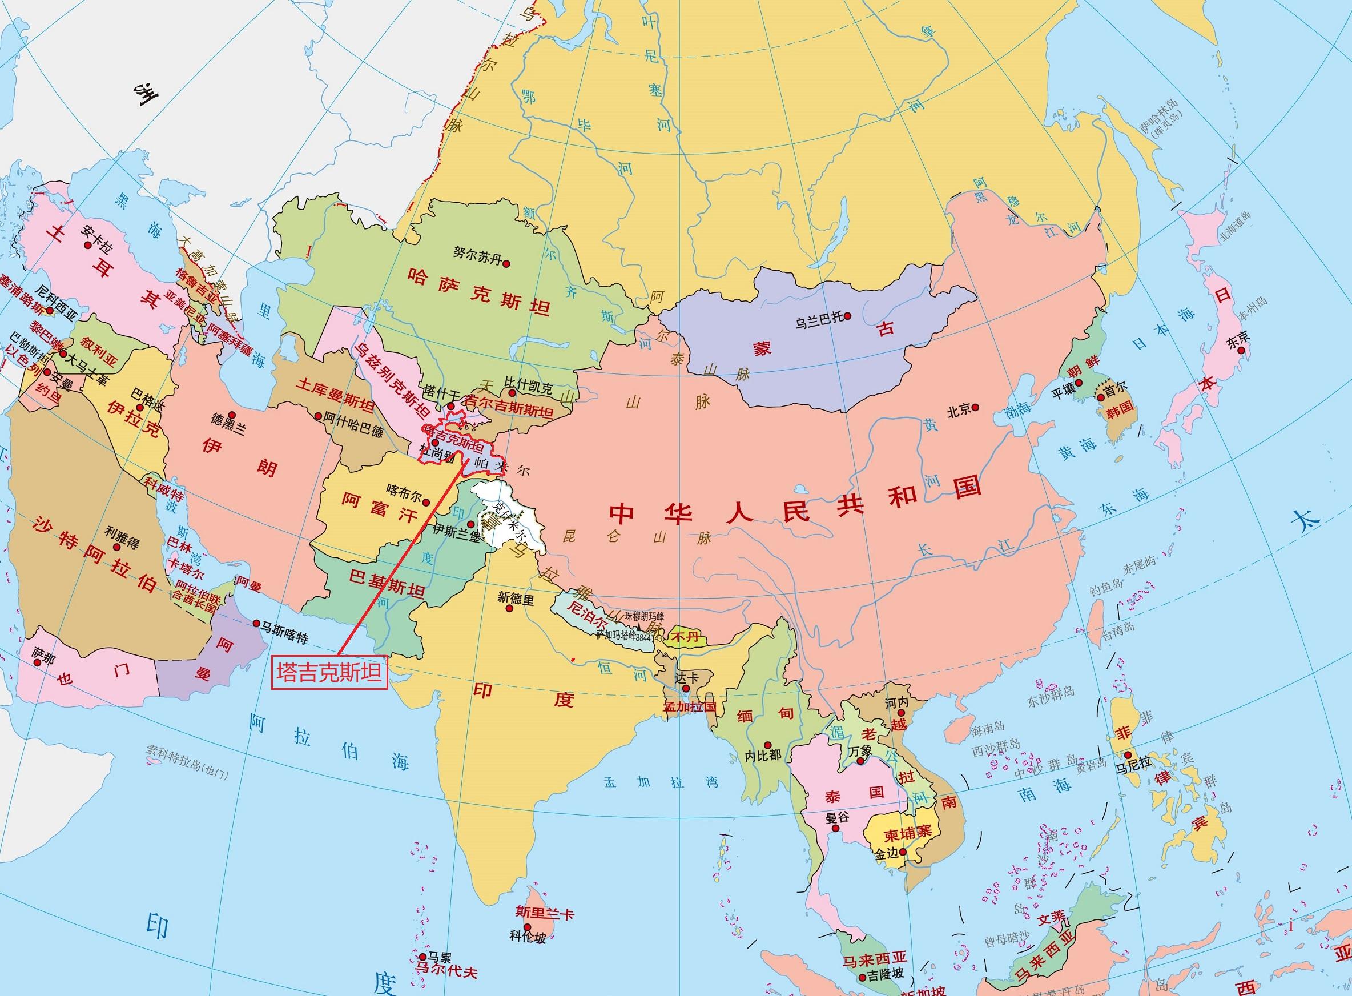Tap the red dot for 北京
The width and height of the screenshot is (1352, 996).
(976, 408)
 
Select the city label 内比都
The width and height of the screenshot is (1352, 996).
(762, 754)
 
